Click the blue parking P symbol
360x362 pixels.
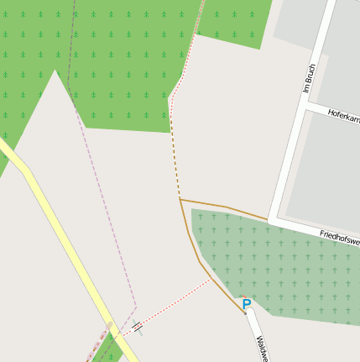246,303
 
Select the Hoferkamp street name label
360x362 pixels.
343,116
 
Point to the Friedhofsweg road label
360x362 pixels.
339,237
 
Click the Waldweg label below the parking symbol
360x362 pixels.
262,348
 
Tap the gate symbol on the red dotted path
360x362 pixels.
137,327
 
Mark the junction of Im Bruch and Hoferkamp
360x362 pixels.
300,107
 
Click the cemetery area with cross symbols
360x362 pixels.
277,269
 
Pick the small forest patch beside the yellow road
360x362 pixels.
107,351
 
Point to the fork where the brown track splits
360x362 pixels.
180,200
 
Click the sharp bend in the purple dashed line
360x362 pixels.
136,306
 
